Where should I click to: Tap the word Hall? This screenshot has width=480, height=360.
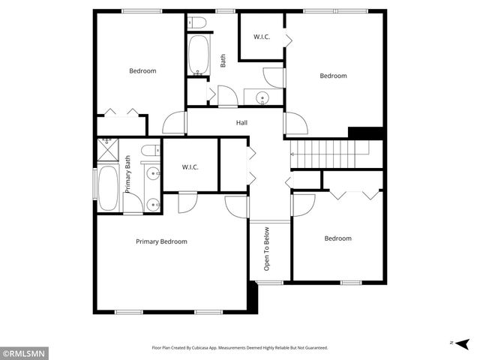(241, 123)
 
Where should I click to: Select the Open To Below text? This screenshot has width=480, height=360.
(266, 249)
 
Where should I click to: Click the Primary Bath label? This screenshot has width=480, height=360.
(128, 174)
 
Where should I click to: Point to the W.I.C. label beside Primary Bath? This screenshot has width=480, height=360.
(190, 167)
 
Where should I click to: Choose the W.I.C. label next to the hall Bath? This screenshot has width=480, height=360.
(262, 36)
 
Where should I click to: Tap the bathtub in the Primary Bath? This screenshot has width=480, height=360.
(106, 187)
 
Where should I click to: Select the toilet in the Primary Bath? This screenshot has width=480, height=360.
(149, 149)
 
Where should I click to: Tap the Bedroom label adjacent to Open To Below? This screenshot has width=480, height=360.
(337, 238)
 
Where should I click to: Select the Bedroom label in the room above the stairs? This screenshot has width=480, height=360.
(334, 76)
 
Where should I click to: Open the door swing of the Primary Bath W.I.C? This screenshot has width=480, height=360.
(187, 201)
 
